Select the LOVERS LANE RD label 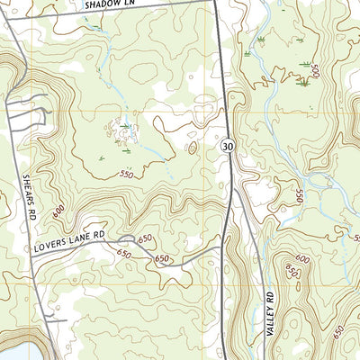click(x=70, y=238)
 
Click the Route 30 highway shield click(x=229, y=146)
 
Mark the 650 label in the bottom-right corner click(x=338, y=331)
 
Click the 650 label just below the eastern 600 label click(x=290, y=271)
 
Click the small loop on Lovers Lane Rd click(x=127, y=238)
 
